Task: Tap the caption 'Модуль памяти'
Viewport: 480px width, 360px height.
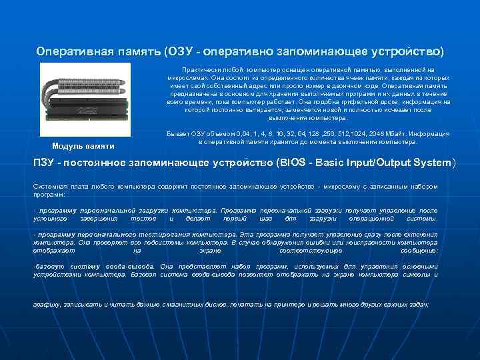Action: point(83,146)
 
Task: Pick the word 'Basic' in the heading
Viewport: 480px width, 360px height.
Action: point(326,163)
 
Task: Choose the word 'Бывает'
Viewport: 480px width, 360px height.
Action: point(175,133)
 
